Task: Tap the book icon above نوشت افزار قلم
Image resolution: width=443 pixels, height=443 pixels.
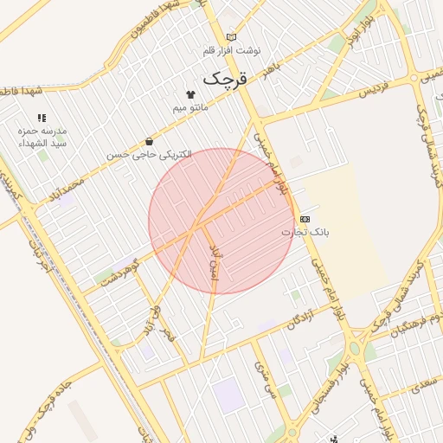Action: [231, 36]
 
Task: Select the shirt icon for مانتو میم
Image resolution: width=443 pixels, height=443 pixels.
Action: [190, 93]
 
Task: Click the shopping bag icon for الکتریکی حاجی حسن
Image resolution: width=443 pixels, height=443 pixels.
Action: [151, 141]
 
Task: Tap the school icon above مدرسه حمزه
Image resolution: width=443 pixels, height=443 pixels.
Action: [41, 118]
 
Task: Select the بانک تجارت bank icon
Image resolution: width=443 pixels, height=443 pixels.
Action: [305, 220]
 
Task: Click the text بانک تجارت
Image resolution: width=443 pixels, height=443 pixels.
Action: [305, 233]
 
